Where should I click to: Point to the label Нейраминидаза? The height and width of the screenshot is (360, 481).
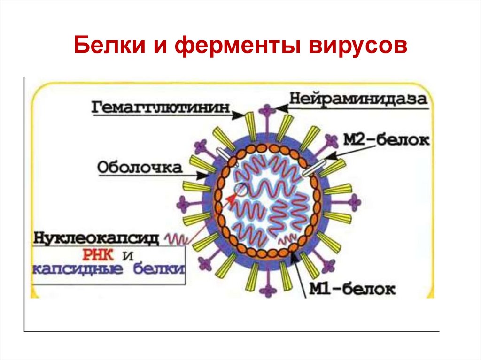[x=358, y=99]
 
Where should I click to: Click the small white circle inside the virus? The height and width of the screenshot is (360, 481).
[x=240, y=190]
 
